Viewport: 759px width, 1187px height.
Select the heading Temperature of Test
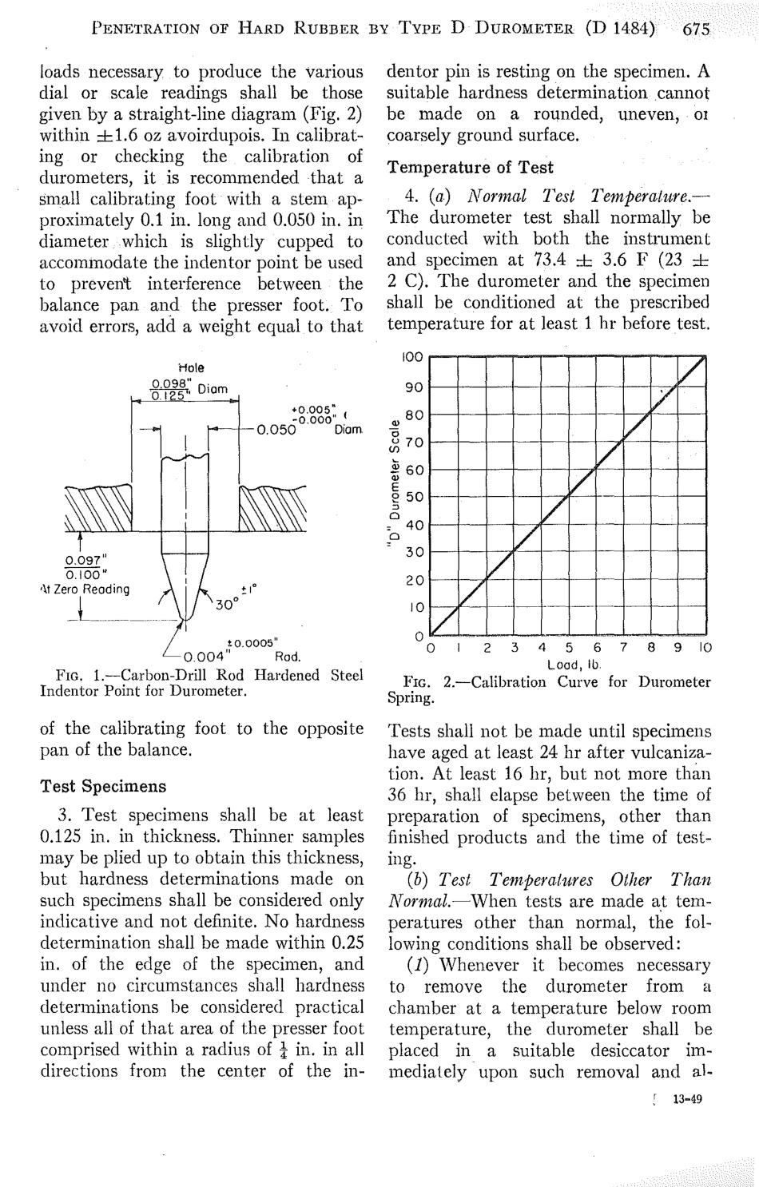click(470, 167)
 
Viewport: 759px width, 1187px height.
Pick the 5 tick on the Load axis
click(569, 648)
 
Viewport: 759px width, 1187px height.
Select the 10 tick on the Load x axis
click(703, 648)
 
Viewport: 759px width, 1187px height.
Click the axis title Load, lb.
click(569, 664)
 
